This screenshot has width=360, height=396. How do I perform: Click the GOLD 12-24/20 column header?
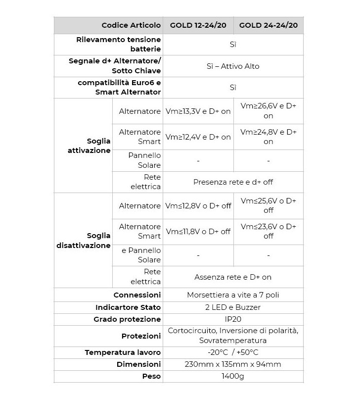coord(198,25)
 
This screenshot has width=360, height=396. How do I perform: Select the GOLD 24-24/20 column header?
coord(268,25)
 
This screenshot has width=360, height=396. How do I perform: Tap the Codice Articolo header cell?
coord(131,25)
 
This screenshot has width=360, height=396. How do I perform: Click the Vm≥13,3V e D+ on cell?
coord(198,111)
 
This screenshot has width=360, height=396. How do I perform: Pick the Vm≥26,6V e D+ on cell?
coord(268,111)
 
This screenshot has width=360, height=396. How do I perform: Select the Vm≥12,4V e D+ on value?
coord(198,137)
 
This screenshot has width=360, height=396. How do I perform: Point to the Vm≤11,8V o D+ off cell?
coord(198,231)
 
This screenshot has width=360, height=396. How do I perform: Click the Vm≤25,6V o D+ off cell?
coord(268,205)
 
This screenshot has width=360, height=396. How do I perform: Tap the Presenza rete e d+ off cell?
coord(233,182)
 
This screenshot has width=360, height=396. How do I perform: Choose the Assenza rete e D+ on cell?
coord(233,277)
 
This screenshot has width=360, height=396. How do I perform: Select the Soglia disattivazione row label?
coord(84,240)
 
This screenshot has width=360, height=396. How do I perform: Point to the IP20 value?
coord(233,319)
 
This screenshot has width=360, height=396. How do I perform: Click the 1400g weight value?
coord(233,376)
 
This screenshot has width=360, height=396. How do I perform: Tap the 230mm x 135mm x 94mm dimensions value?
coord(233,364)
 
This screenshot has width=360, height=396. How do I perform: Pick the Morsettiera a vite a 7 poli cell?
coord(233,295)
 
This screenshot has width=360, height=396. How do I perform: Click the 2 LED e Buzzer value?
coord(233,307)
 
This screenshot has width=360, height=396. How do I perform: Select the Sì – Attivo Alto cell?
coord(233,66)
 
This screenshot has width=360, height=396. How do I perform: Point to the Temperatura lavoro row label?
coord(123,352)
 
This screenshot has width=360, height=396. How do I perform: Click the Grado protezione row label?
coord(127,319)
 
